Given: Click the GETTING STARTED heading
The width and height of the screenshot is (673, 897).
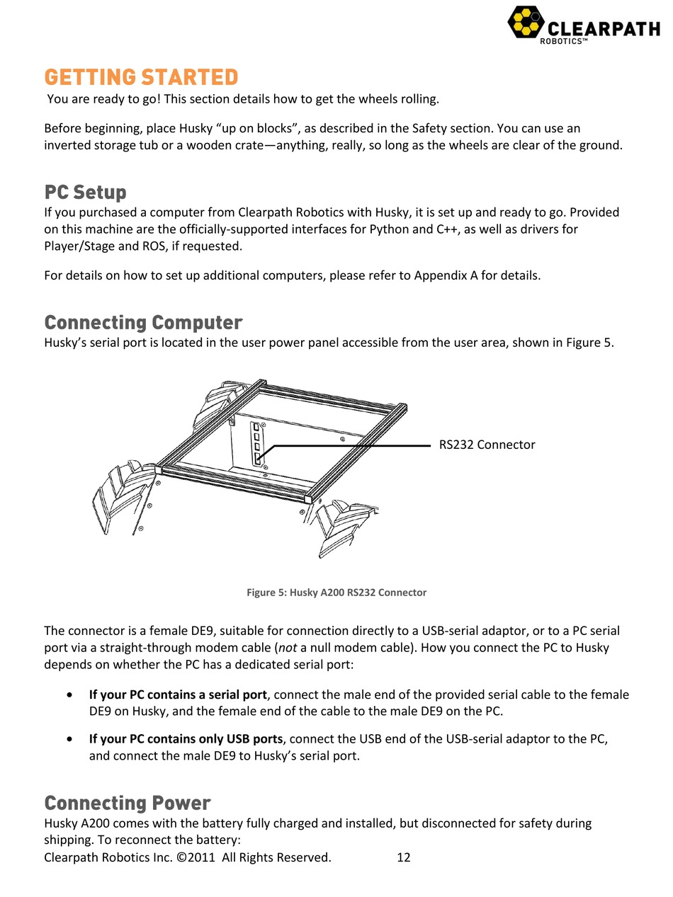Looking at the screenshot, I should (x=141, y=77).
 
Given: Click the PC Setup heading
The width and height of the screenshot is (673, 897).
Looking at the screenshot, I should (x=86, y=192).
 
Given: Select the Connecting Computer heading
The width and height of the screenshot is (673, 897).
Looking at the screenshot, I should (x=143, y=323).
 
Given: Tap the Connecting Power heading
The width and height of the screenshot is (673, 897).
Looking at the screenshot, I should (x=128, y=803).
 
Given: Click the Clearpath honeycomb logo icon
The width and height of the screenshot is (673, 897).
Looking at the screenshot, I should (x=526, y=22).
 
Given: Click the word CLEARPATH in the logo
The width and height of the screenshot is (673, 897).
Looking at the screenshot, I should (x=604, y=28).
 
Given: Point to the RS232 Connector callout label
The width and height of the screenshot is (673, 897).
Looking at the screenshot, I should (x=487, y=445).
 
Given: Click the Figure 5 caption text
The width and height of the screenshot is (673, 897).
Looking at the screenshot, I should (x=336, y=593).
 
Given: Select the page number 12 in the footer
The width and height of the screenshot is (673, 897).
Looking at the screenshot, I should (x=404, y=857).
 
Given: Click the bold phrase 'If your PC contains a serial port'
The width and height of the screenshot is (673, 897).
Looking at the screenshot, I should (x=178, y=695).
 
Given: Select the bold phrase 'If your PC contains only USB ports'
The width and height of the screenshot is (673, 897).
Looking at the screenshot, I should (x=186, y=738).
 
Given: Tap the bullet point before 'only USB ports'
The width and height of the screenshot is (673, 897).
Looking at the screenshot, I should (x=68, y=738).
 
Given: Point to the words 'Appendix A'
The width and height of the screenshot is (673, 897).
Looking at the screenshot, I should (x=444, y=275).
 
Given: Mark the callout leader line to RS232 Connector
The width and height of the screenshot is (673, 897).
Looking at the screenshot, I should (x=354, y=445).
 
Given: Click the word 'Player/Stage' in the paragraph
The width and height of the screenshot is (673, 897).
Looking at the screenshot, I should (x=78, y=246).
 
